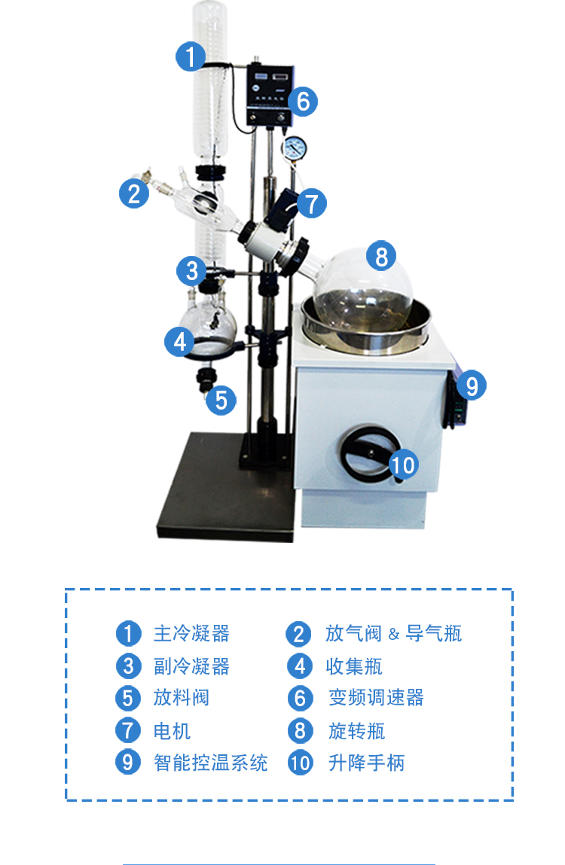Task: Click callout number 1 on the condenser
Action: (191, 56)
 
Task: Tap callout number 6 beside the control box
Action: (303, 101)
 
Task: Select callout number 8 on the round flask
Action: (381, 256)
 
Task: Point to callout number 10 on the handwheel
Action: (403, 464)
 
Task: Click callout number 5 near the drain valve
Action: (221, 400)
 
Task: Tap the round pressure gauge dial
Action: (295, 148)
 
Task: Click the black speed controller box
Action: (270, 94)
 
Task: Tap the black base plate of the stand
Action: (227, 486)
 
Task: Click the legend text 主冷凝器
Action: (191, 633)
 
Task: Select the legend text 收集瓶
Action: (354, 666)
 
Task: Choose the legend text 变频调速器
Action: (376, 697)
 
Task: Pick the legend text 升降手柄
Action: (367, 763)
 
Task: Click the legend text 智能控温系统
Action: (210, 763)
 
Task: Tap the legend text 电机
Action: (173, 731)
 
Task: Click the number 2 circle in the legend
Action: (299, 634)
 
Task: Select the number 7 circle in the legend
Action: (128, 729)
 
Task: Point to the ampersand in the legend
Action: (394, 635)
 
